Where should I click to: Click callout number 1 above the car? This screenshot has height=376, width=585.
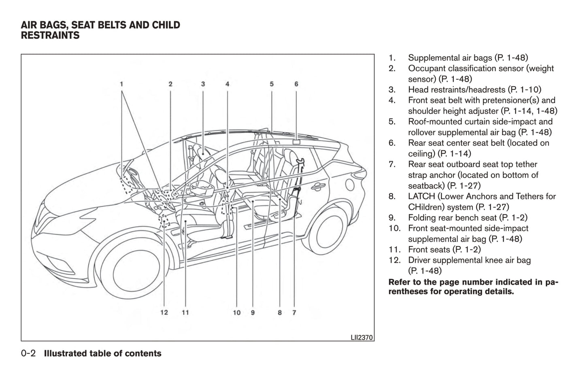[121, 84]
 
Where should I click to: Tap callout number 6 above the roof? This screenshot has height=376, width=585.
[296, 84]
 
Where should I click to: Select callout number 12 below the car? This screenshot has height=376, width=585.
[164, 312]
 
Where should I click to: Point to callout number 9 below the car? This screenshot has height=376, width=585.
[253, 312]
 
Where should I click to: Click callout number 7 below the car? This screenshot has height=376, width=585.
[294, 312]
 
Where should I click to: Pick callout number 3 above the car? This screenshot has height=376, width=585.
[203, 84]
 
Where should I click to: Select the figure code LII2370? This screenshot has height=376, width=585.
[362, 337]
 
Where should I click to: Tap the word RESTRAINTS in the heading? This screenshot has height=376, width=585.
[50, 36]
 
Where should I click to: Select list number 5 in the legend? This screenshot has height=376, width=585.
[391, 122]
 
